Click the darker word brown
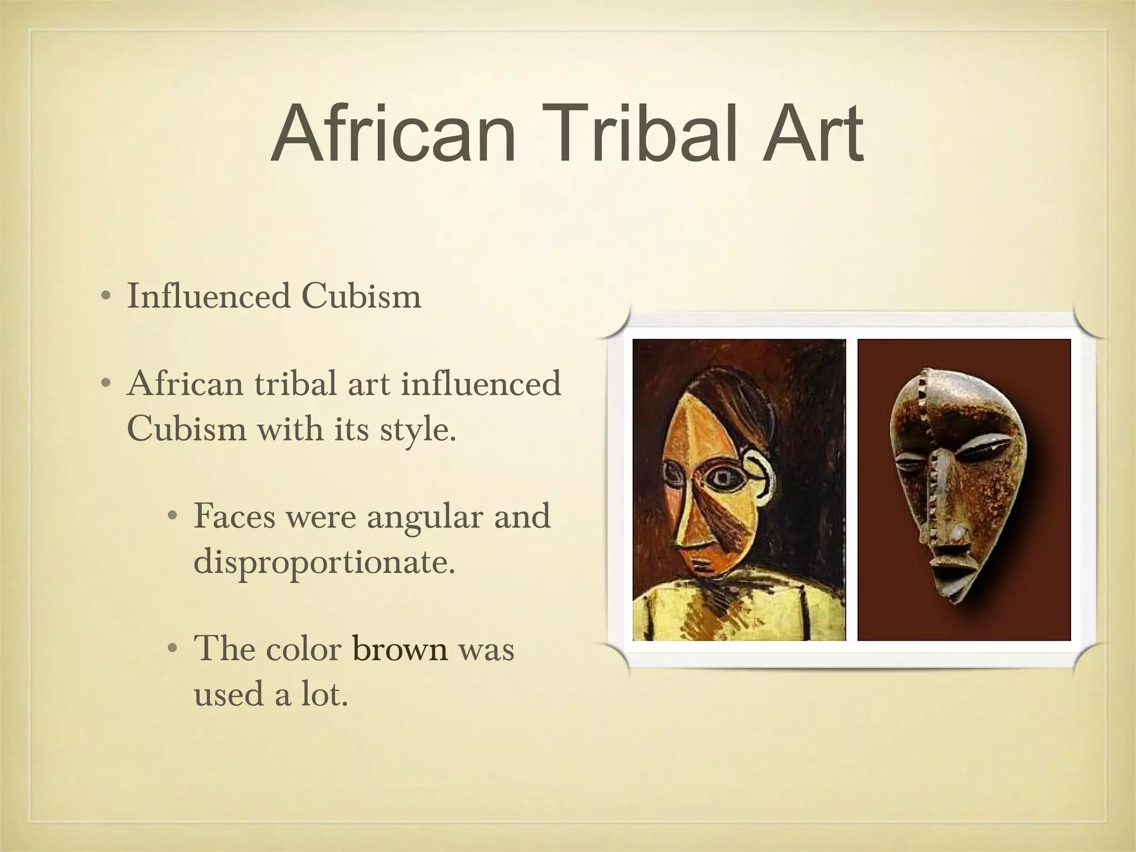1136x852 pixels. tap(400, 649)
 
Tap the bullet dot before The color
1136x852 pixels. tap(173, 649)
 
